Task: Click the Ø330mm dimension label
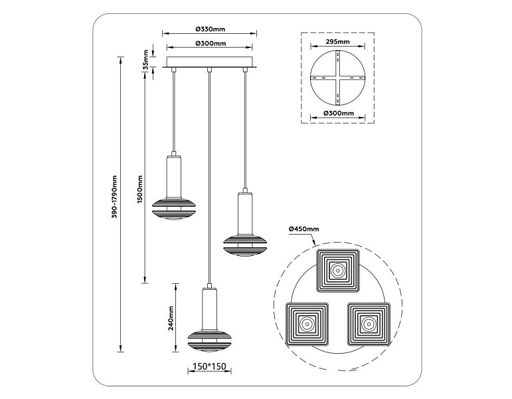click(211, 29)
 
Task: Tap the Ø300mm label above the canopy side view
click(211, 43)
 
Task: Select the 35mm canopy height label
click(145, 59)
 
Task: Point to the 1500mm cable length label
click(139, 190)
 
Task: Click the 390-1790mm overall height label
click(114, 197)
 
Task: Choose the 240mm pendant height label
click(171, 319)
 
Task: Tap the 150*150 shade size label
click(209, 366)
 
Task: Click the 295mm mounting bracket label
click(337, 41)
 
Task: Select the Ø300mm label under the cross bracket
click(339, 113)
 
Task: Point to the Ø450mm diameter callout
click(303, 229)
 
